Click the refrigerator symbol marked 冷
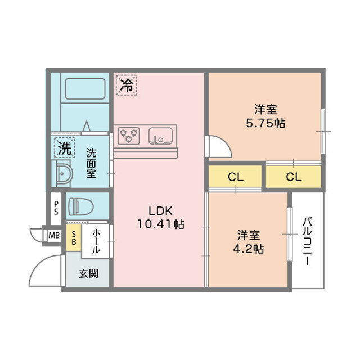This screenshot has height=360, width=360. [126, 85]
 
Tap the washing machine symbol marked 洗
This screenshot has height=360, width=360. [65, 147]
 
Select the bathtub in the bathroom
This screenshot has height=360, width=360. [85, 89]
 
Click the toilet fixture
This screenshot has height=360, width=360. [81, 206]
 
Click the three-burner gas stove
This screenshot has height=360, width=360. [129, 136]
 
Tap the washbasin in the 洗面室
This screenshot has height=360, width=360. [63, 173]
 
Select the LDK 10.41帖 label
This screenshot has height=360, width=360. [160, 218]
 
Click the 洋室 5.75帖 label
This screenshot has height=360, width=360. [265, 116]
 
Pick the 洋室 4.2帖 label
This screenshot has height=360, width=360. [249, 242]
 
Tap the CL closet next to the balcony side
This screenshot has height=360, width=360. [294, 177]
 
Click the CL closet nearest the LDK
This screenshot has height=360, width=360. [235, 177]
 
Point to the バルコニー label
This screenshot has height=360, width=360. [307, 241]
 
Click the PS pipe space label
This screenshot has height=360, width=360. [56, 208]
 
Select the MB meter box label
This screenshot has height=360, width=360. [54, 235]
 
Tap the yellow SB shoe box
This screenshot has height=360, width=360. [74, 238]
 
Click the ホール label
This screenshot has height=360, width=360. [96, 241]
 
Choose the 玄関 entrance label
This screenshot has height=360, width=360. [88, 274]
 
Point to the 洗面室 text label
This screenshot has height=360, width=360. [91, 163]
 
